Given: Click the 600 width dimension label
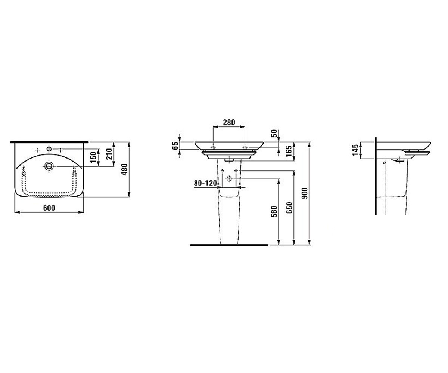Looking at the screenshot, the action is pos(49,208).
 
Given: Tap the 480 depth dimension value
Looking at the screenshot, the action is pos(124,169).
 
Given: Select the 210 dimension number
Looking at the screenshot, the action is pos(109,154).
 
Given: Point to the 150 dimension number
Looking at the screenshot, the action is pos(93,157).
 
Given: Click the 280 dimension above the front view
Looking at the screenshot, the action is pos(229,122).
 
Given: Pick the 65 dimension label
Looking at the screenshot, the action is pos(175,145).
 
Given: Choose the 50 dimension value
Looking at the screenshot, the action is pos(274,134).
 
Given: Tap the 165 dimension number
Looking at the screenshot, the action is pos(289,151).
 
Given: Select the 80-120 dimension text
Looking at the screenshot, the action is pos(205,183).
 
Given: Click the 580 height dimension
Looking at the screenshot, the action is pos(274,211).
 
